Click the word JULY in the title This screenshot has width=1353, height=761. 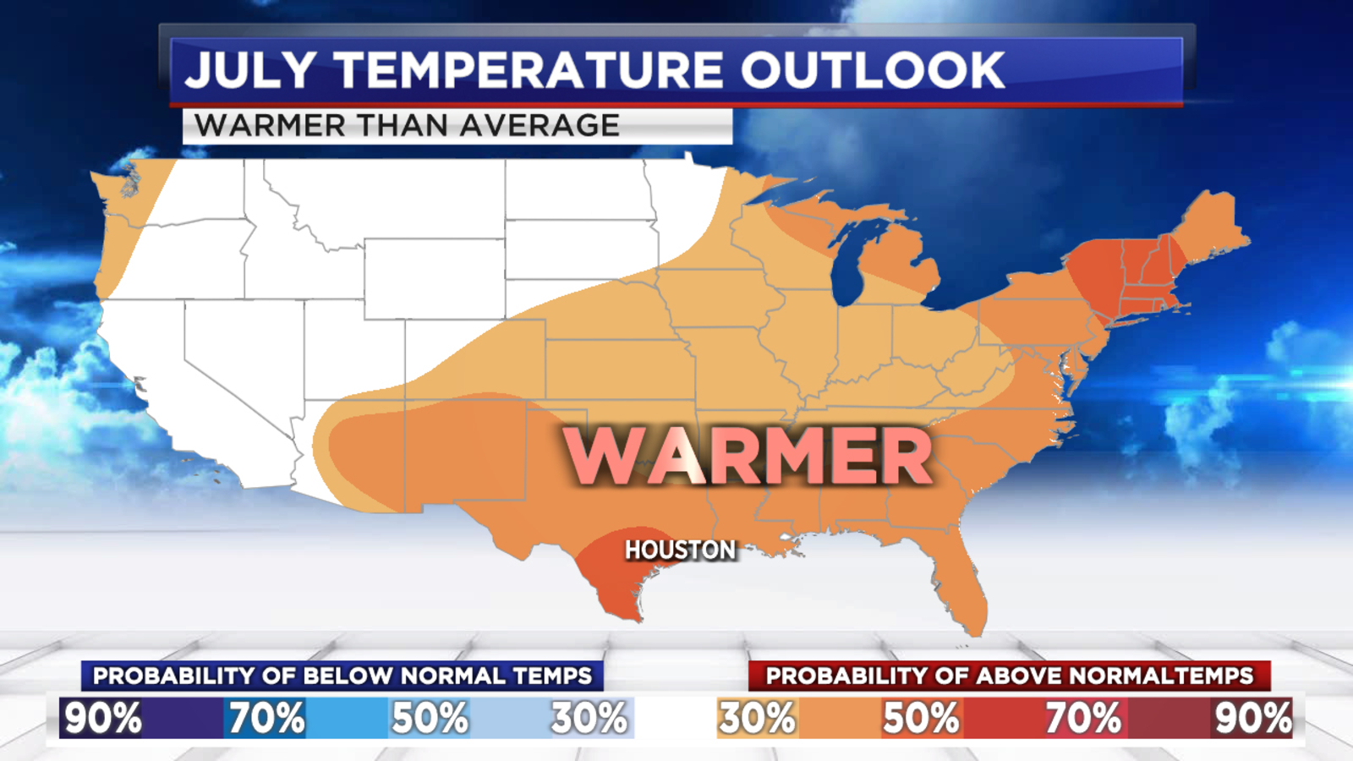point(250,70)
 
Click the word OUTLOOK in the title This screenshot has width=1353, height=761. point(873,70)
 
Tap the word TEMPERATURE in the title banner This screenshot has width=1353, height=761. point(529,70)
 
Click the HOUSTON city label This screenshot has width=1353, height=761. point(680,550)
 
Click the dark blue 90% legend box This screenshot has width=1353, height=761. point(140,718)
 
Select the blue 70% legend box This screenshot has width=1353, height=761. point(304,718)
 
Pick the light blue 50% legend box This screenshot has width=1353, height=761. point(468,718)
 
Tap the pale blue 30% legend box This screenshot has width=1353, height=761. point(592,718)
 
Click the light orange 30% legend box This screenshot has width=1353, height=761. point(757,718)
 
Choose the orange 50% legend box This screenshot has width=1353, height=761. point(922,718)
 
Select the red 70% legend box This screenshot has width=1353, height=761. point(1085,718)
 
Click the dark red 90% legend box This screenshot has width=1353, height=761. point(1252,718)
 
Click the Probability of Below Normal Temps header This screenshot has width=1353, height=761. point(342,676)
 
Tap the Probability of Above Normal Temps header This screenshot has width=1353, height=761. point(1009,676)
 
